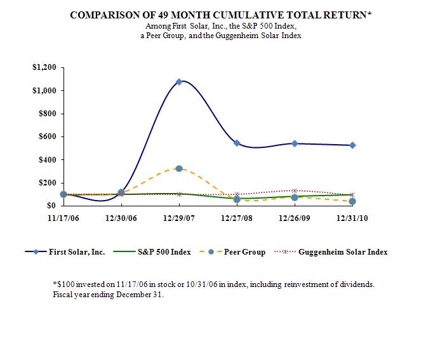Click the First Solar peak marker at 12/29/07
(179, 81)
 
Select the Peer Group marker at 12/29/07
(179, 168)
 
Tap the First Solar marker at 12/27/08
(237, 143)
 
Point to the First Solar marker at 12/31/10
(352, 145)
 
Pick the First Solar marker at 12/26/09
(295, 143)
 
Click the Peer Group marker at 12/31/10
(352, 201)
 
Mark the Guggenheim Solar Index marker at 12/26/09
(295, 190)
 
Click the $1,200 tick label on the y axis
(44, 67)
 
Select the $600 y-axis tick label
(47, 137)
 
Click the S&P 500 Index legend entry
(164, 252)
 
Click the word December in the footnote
(123, 295)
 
